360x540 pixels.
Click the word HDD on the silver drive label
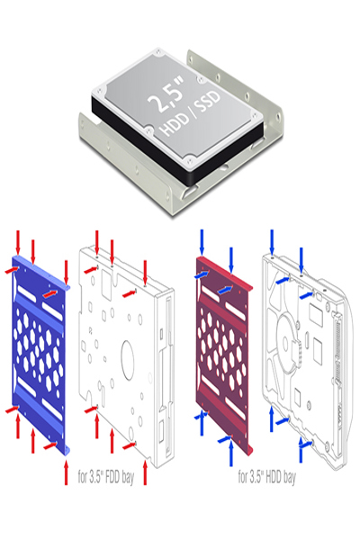(x=175, y=124)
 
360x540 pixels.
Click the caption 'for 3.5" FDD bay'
(x=106, y=477)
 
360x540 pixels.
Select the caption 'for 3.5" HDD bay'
(x=266, y=477)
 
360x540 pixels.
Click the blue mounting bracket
(x=40, y=355)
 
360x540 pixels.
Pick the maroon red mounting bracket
(x=224, y=355)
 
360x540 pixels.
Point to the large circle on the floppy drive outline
(x=127, y=360)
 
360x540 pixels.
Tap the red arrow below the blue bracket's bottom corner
(x=66, y=472)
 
